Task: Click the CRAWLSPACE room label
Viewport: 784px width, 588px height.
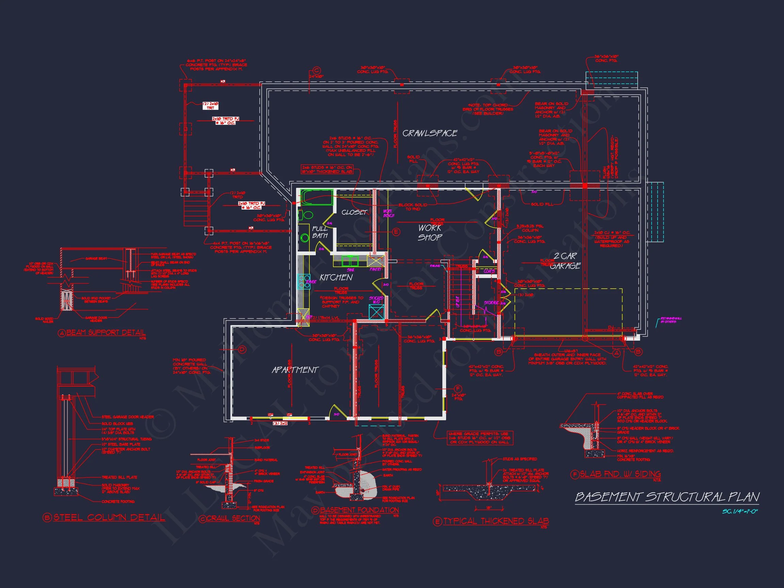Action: tap(429, 133)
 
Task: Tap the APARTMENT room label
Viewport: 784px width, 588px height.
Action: tap(295, 370)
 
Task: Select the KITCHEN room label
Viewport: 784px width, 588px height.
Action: tap(336, 278)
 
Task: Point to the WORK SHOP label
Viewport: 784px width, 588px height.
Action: tap(429, 232)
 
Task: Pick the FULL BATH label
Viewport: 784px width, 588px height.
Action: tap(320, 232)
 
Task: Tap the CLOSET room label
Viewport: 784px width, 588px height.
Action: tap(354, 212)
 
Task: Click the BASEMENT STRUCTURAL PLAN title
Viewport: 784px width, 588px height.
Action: tap(667, 497)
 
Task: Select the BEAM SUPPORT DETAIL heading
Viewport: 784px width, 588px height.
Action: tap(106, 332)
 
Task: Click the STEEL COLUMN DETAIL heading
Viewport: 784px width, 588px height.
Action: tap(109, 518)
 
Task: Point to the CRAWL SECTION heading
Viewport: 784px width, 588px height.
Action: tap(233, 518)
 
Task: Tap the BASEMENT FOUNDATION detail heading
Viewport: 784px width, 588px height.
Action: tap(359, 510)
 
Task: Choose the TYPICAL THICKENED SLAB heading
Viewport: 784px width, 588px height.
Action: tap(496, 521)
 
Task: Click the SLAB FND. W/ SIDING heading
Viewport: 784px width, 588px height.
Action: tap(620, 474)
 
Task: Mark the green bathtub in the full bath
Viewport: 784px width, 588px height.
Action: tap(316, 197)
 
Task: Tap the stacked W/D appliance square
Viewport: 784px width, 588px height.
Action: tap(376, 312)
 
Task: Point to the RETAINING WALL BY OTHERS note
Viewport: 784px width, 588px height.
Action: tap(671, 320)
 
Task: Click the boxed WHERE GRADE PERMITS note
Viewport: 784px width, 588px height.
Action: tap(479, 438)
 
